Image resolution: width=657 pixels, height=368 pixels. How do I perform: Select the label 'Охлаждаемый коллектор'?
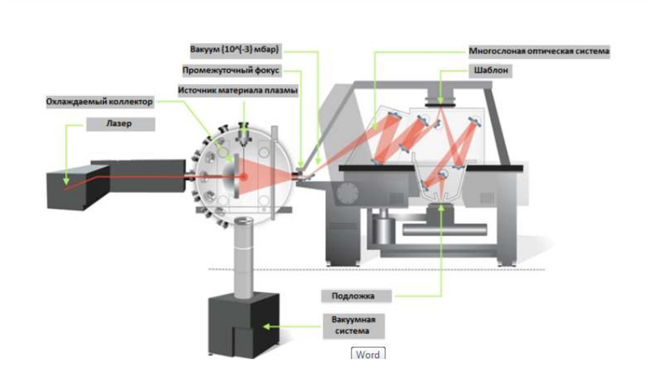click(x=100, y=102)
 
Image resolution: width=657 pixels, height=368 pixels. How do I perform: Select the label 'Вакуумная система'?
click(x=352, y=325)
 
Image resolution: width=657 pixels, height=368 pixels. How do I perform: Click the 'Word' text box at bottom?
click(x=368, y=355)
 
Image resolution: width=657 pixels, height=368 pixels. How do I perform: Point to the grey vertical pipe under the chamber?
click(x=243, y=256)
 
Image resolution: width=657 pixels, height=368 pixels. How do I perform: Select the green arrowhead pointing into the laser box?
click(x=65, y=185)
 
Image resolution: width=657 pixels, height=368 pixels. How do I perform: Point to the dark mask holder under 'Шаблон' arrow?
click(x=441, y=99)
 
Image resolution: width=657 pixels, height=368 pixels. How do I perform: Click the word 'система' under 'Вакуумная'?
click(x=352, y=331)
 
